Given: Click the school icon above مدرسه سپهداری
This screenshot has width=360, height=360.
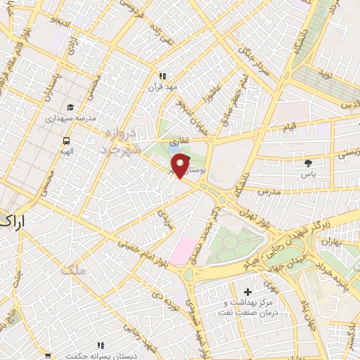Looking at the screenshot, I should [x=70, y=107].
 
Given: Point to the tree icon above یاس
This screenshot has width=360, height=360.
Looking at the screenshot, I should [x=307, y=162].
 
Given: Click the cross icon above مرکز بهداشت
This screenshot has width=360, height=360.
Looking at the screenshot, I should [x=247, y=291].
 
